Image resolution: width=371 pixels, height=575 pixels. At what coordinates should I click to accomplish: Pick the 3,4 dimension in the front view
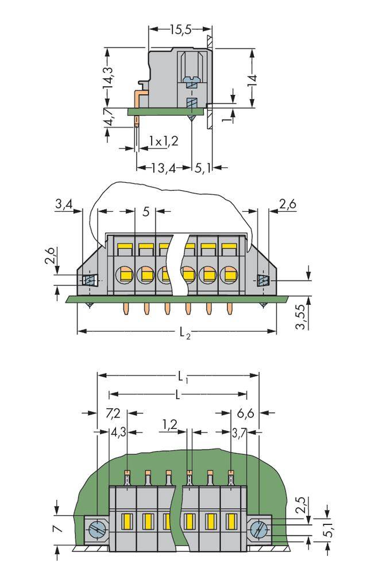pyautogui.click(x=63, y=204)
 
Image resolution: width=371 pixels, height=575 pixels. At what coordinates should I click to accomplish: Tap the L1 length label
pyautogui.click(x=182, y=377)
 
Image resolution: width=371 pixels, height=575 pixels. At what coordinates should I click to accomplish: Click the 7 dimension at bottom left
pyautogui.click(x=57, y=527)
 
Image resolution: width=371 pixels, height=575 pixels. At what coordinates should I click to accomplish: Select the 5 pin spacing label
pyautogui.click(x=146, y=212)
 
